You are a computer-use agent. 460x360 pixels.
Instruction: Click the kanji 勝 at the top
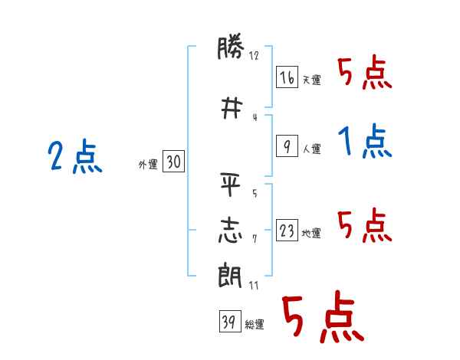click(x=231, y=47)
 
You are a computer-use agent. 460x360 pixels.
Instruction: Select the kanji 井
click(x=232, y=108)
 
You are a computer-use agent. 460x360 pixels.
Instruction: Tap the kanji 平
click(x=231, y=185)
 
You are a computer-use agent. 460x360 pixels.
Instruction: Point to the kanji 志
click(x=231, y=231)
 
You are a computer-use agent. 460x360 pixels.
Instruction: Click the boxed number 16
click(x=287, y=77)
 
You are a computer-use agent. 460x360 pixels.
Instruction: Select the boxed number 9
click(x=287, y=146)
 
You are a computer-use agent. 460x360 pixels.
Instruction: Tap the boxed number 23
click(x=287, y=230)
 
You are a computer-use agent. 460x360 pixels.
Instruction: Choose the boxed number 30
click(x=174, y=162)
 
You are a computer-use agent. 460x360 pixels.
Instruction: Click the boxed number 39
click(x=230, y=321)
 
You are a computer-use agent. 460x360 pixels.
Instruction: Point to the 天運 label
click(x=312, y=80)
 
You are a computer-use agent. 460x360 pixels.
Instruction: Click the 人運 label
click(x=312, y=149)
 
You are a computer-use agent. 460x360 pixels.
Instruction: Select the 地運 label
click(x=311, y=233)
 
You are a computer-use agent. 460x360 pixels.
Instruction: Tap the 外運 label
click(x=148, y=165)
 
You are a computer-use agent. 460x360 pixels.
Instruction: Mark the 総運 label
click(x=255, y=325)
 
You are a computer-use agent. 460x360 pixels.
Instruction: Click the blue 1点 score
click(x=365, y=141)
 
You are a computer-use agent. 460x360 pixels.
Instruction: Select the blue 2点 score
click(x=75, y=155)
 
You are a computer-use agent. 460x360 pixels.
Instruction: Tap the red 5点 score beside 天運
click(x=365, y=72)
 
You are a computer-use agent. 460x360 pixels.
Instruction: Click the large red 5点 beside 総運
click(x=324, y=316)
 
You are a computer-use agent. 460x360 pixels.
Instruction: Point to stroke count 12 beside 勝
click(x=254, y=55)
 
